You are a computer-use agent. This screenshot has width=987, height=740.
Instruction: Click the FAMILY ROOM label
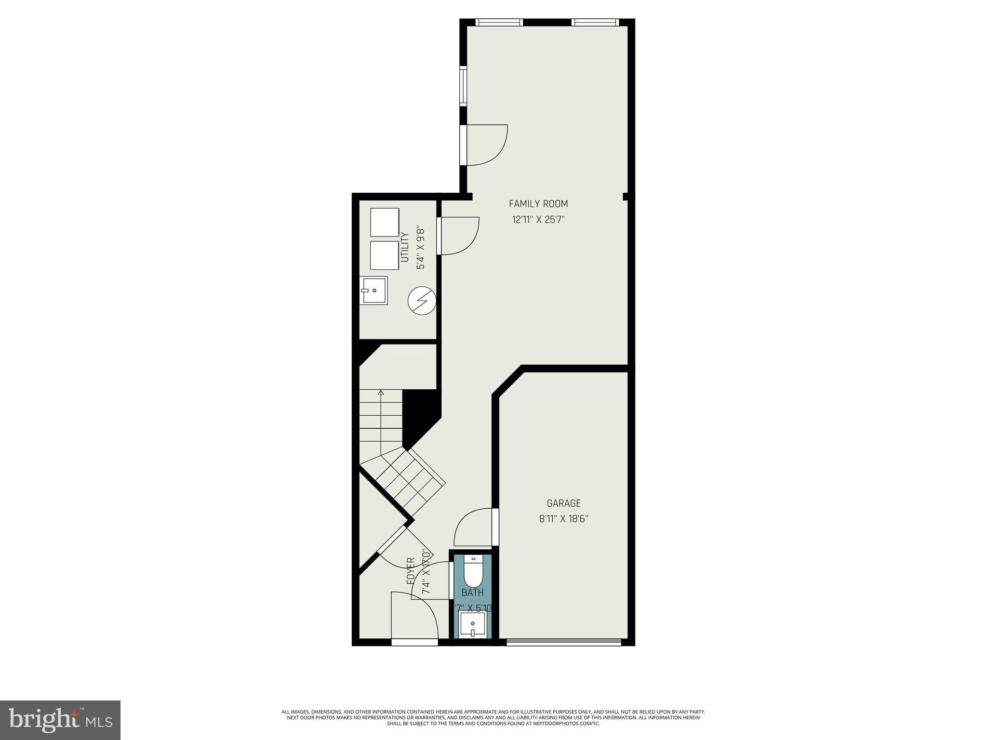point(538,204)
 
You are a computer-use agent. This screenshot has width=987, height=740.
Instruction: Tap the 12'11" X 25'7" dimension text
point(538,220)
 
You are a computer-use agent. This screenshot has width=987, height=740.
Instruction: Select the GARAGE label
point(563,503)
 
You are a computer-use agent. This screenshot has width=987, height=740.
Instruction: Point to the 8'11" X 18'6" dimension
point(563,519)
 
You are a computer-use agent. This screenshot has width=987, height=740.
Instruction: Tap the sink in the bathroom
point(472,624)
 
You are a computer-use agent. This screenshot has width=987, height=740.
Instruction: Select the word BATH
point(472,593)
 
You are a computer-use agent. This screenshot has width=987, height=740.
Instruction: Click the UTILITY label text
point(405,247)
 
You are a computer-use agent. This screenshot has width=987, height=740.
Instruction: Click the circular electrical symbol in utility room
point(422,301)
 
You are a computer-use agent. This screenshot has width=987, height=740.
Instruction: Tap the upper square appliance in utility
point(385,223)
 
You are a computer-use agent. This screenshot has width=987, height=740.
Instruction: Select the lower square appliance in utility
point(385,255)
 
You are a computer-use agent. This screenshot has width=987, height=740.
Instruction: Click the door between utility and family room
point(458,236)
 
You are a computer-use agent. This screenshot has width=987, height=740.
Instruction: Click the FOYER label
point(411,571)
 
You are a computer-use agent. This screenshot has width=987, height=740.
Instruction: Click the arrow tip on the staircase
point(381,392)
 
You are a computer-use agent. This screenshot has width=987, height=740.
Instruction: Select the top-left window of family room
point(499,22)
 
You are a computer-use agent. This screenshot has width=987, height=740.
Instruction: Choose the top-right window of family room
point(595,22)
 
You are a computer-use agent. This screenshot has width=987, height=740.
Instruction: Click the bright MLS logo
point(60,720)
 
